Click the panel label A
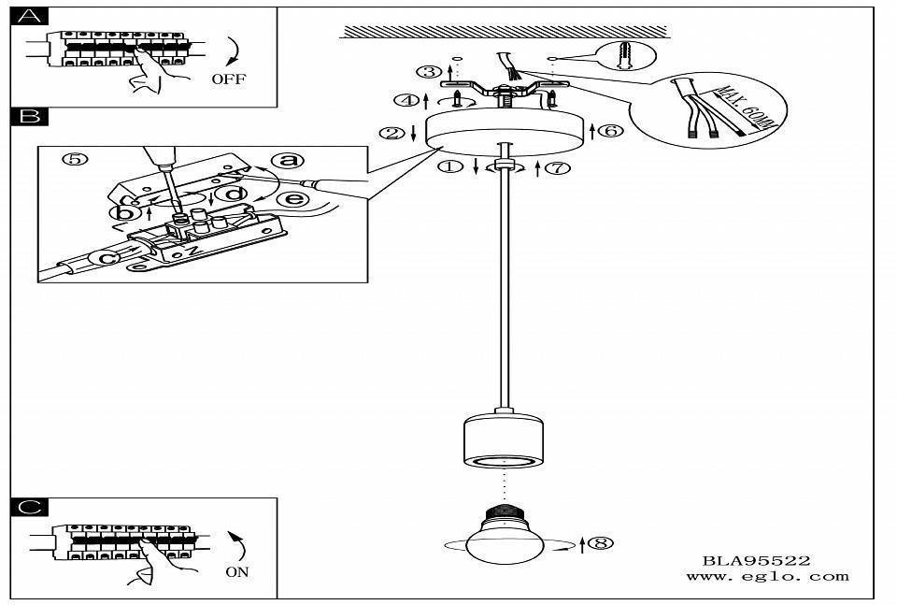[x=32, y=16]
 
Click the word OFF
[x=228, y=79]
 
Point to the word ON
[x=237, y=571]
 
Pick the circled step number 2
[x=390, y=134]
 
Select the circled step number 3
[x=429, y=72]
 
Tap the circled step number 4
[x=405, y=99]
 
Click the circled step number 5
[x=76, y=159]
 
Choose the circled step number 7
[x=558, y=168]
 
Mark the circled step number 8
[x=604, y=541]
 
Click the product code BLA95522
[x=756, y=561]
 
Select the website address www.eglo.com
[x=767, y=577]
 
